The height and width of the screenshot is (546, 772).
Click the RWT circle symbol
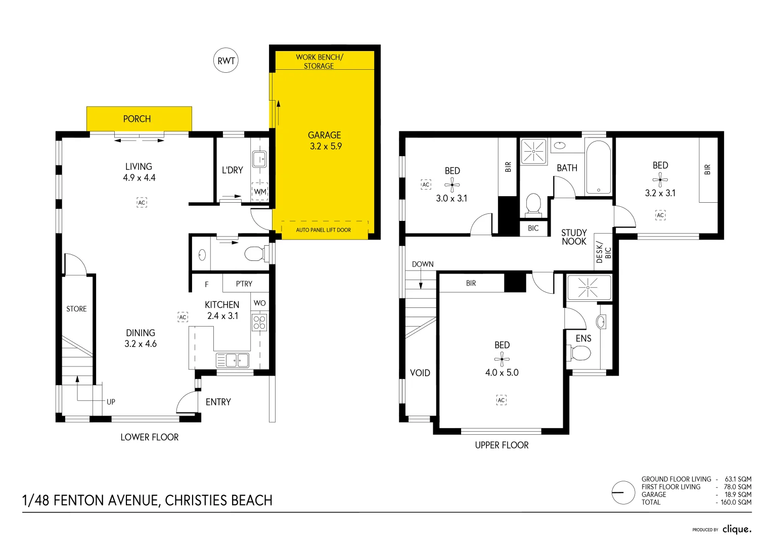coord(225,61)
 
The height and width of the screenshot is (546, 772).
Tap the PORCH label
coord(137,119)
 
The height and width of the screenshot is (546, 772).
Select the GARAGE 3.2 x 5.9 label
coord(325,141)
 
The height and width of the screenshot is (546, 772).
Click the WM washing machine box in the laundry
coord(260,192)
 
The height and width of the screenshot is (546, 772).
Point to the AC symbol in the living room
coord(142,203)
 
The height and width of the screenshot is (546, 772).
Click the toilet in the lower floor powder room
coord(255,253)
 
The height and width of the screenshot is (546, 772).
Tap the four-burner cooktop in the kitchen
coord(259,323)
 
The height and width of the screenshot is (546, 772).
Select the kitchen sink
coord(233,360)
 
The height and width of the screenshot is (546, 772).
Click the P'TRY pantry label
coord(244,284)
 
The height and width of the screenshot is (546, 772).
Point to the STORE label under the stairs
coord(76,309)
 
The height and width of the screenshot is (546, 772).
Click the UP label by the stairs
coord(111,402)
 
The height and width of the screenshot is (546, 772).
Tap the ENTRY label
coord(218,402)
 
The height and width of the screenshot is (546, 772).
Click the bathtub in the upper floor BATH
coord(598,168)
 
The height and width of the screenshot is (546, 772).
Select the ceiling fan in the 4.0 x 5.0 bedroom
coord(502,359)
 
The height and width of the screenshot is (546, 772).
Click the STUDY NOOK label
coord(574,237)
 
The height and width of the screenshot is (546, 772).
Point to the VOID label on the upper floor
coord(420,373)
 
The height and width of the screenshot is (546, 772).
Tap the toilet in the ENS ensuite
coord(580,353)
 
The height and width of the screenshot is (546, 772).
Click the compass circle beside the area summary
coord(623,492)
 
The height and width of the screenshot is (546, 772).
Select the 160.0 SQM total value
coord(736,503)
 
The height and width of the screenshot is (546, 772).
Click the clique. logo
coord(737,529)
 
